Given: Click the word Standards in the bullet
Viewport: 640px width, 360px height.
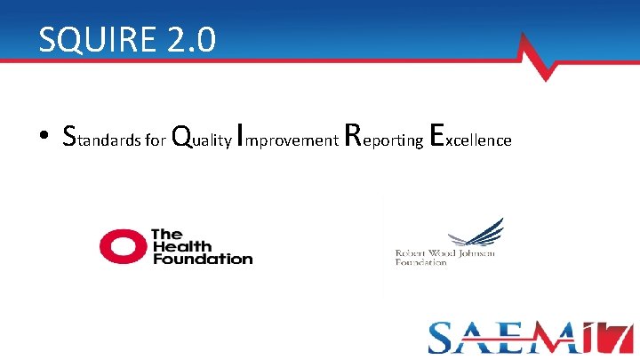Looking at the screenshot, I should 100,137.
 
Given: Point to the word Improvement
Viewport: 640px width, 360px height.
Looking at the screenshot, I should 287,138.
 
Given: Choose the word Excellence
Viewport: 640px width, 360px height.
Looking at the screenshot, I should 470,137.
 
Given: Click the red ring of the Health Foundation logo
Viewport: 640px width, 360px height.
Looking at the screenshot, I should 122,246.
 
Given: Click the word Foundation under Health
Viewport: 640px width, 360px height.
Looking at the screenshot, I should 202,259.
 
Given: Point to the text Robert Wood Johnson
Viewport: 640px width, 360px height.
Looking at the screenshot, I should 444,254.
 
